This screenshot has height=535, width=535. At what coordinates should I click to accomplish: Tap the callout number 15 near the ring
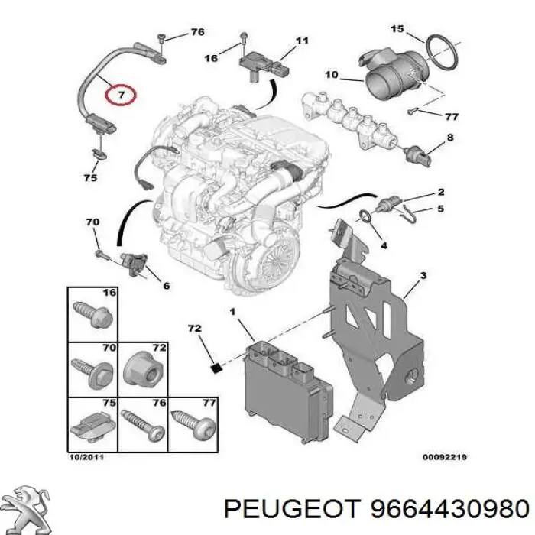397,30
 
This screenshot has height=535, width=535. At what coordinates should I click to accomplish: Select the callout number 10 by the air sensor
331,75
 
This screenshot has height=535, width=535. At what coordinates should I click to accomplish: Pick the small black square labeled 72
216,367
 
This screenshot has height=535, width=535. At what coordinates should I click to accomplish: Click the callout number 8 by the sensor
450,138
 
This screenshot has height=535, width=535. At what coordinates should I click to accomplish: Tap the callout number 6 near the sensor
166,286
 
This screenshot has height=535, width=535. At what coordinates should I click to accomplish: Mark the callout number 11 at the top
302,40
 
